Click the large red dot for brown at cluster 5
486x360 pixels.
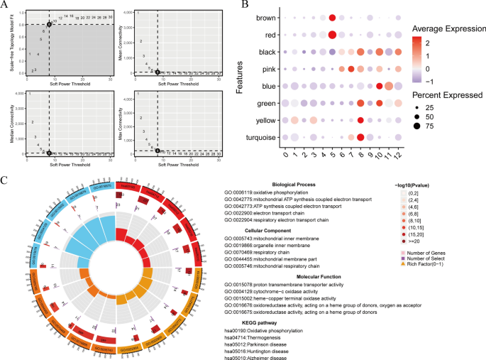(x=332, y=17)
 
